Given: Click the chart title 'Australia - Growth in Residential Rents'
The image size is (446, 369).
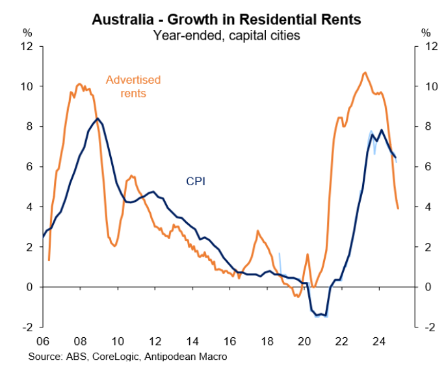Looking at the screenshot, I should [x=226, y=19].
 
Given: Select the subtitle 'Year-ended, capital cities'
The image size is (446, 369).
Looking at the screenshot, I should [x=226, y=35].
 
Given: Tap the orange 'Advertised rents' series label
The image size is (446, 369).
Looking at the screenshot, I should [x=133, y=86].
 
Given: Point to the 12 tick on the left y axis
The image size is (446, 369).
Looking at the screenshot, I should [x=27, y=46].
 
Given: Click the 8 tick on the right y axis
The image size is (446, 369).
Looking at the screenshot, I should [x=426, y=127].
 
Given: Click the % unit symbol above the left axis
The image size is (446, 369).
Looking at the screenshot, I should [x=27, y=32].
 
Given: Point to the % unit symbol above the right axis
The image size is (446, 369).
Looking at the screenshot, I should [x=426, y=32].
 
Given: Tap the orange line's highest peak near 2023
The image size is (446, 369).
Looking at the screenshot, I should [x=365, y=72].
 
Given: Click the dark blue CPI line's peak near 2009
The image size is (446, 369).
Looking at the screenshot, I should [x=98, y=118].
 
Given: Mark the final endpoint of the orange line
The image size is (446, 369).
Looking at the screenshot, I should [x=398, y=209].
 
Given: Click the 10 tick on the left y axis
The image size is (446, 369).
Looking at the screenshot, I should [x=27, y=86].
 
